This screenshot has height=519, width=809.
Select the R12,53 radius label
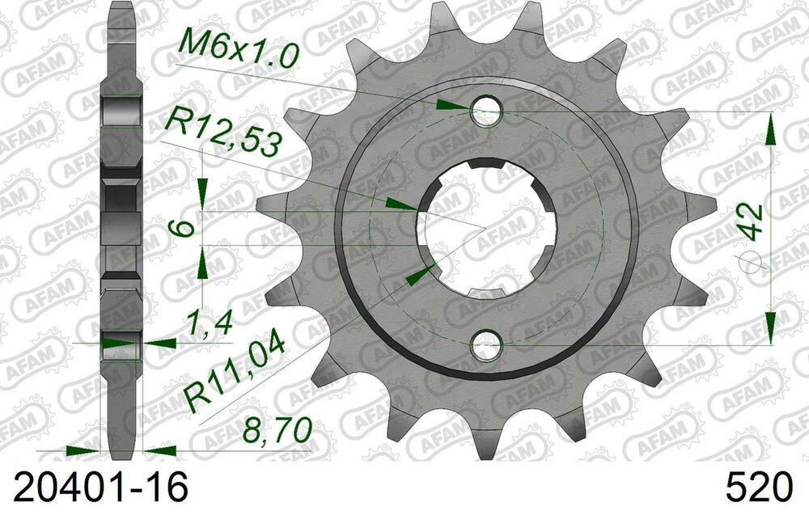coord(223,136)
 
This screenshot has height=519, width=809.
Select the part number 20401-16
coord(100,487)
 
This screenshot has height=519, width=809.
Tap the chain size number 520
coord(758,487)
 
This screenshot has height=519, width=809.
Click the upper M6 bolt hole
coord(486,111)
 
